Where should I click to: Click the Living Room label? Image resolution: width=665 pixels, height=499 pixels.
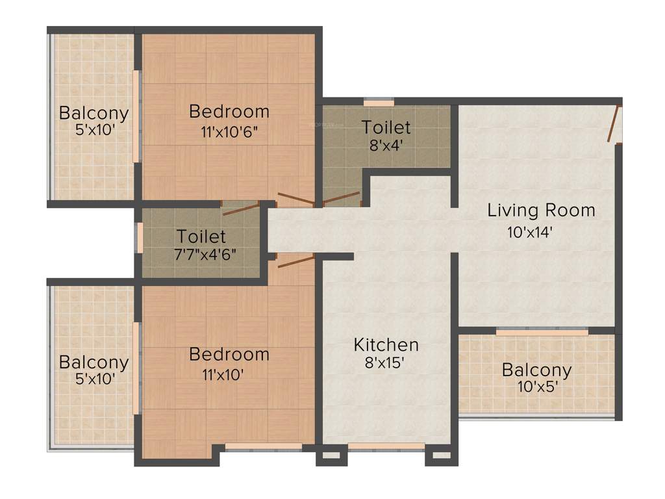(x=541, y=211)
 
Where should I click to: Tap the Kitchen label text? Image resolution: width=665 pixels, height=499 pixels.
(x=386, y=344)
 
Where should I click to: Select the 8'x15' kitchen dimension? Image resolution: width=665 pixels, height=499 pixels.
(x=386, y=363)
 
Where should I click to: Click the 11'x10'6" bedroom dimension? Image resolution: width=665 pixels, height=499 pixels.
(x=229, y=133)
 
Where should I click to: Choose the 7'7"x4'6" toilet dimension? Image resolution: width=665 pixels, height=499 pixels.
(x=201, y=254)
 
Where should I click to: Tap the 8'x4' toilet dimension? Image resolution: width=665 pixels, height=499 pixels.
(x=386, y=146)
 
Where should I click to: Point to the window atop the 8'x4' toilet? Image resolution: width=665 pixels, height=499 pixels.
(x=379, y=102)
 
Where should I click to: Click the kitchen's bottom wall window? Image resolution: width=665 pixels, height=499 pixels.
(x=386, y=446)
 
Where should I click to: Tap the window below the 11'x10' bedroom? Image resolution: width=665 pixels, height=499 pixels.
(x=263, y=446)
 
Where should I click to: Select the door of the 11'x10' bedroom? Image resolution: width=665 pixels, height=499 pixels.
(x=295, y=261)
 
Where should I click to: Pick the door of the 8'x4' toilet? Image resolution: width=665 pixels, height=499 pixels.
(x=342, y=198)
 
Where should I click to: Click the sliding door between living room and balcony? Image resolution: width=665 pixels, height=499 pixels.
(x=542, y=331)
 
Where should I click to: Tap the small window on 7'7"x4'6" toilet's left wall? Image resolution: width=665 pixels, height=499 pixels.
(x=139, y=237)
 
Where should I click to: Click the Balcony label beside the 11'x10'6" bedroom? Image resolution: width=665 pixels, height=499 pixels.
(x=94, y=112)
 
